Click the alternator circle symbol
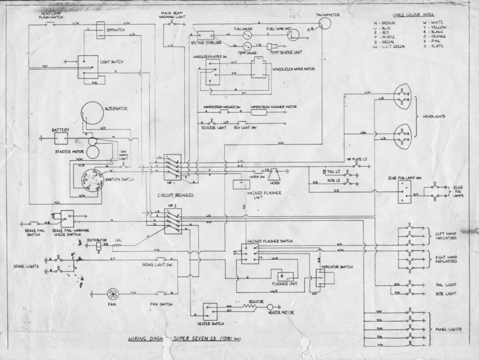92,114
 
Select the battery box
60,139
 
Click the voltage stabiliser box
205,36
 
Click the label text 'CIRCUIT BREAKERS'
173,197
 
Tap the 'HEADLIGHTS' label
434,117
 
